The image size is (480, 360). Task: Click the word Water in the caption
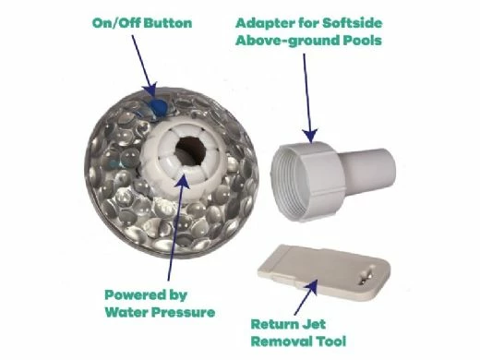tap(126, 312)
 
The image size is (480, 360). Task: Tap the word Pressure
tap(184, 312)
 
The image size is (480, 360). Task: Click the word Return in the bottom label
tap(270, 324)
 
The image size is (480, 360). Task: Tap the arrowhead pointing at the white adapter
tap(310, 136)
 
